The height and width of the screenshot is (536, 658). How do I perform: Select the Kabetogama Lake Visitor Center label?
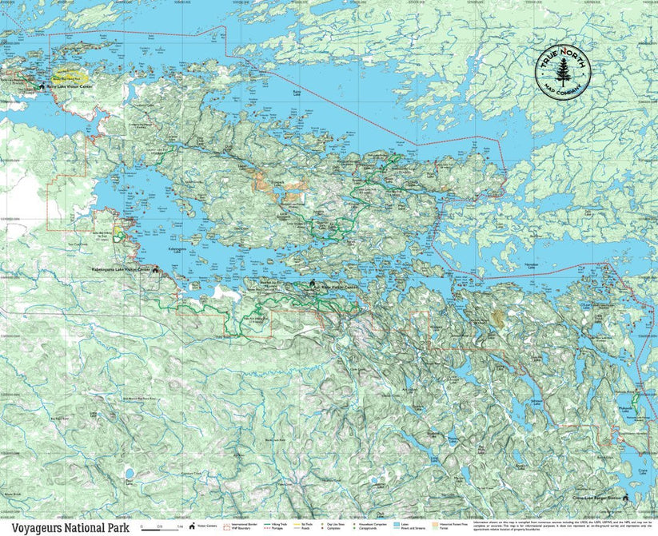(121, 270)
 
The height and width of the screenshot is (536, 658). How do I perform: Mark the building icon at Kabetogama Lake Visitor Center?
(155, 271)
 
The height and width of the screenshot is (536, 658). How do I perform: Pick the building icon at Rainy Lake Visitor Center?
(41, 86)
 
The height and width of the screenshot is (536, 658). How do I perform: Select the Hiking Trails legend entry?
(279, 525)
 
